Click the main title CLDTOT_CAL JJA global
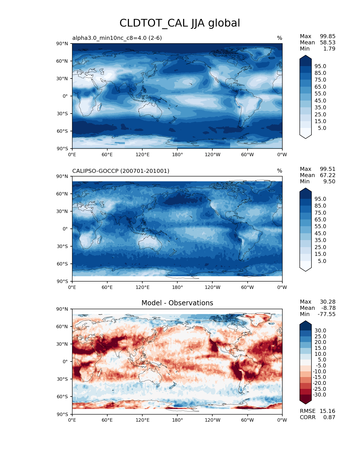click(180, 23)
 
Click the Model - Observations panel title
click(177, 303)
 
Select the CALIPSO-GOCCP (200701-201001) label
click(121, 171)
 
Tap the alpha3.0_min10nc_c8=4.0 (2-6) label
click(117, 38)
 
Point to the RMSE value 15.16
click(327, 411)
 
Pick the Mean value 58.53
click(328, 42)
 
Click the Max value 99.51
click(328, 169)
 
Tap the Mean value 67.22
click(328, 175)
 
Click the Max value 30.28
click(328, 302)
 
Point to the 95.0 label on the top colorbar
click(320, 66)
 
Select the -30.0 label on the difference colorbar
click(319, 395)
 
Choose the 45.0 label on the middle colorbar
click(320, 233)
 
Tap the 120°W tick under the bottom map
click(212, 420)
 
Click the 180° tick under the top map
click(177, 154)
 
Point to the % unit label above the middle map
click(280, 171)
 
